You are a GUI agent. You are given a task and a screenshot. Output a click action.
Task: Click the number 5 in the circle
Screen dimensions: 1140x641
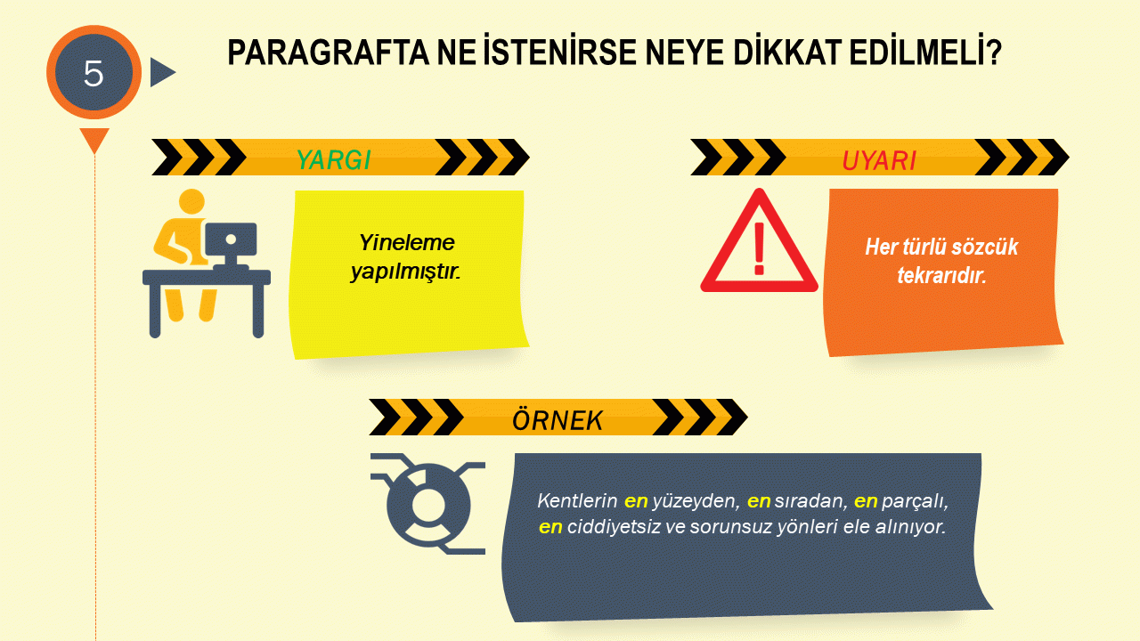pos(94,74)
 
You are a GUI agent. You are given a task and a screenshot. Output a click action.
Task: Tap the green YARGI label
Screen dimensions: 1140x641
pos(334,160)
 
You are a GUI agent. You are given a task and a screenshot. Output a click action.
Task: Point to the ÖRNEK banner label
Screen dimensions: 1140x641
pos(558,421)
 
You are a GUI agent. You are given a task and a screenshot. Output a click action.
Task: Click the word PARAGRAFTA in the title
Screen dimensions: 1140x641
pos(329,53)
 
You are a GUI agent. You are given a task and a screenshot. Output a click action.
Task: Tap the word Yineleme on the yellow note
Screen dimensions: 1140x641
pos(407,243)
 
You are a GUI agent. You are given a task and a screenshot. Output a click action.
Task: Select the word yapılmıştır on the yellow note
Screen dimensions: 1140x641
pos(405,272)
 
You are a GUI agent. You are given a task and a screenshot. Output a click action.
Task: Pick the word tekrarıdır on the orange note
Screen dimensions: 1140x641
pos(941,276)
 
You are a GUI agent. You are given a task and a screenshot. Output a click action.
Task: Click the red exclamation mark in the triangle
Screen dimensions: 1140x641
pos(760,248)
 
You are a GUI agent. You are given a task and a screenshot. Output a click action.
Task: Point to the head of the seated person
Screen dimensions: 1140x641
pos(191,202)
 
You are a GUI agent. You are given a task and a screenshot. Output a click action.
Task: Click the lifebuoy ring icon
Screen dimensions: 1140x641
pos(428,505)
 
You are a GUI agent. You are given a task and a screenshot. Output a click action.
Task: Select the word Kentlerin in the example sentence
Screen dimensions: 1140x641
pos(577,501)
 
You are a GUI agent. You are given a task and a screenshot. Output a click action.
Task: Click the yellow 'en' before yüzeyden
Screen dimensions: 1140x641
pos(636,502)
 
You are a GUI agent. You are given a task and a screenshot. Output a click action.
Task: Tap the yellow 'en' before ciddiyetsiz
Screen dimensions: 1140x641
pos(550,528)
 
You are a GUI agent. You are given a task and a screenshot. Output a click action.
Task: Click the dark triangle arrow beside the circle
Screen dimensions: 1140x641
pos(163,72)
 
